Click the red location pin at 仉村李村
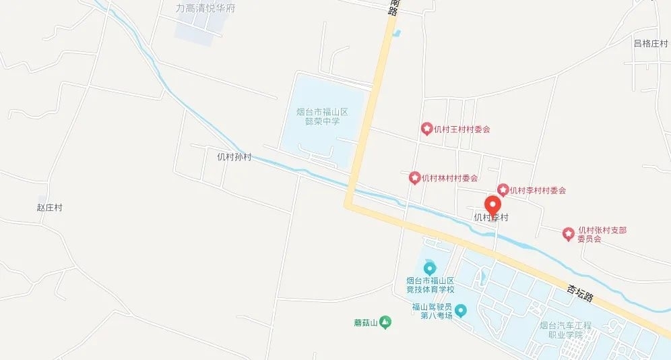[x=493, y=205]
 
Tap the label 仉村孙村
[x=234, y=156]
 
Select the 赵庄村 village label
[x=49, y=208]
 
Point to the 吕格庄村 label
[x=650, y=44]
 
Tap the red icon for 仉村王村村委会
[x=426, y=128]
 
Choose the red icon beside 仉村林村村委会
[x=415, y=178]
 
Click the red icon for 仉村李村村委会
[x=503, y=190]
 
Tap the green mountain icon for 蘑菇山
[x=385, y=322]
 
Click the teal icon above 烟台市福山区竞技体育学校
[x=430, y=269]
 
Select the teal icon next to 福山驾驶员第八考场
[x=461, y=311]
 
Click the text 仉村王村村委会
[x=462, y=129]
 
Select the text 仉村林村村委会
[x=450, y=179]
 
